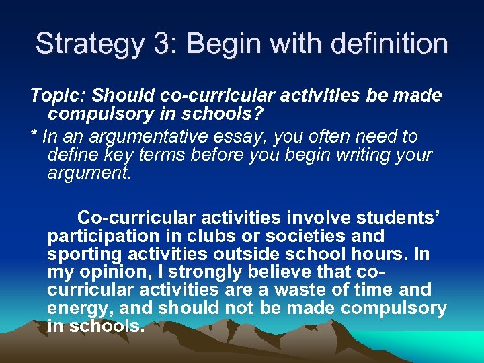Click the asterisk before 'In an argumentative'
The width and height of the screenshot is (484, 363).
tap(34, 136)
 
